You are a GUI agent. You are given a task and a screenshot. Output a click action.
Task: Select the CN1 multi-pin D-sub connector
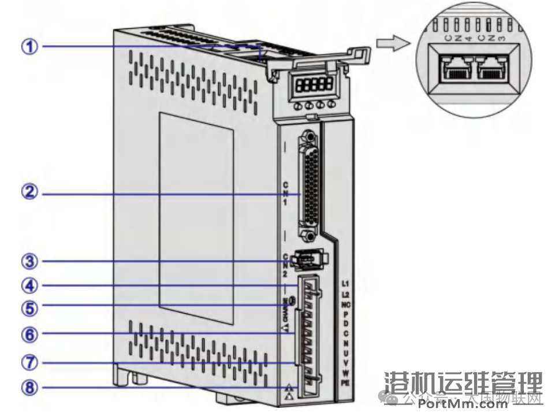[309, 188]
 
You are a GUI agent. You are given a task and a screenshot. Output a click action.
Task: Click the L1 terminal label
[345, 284]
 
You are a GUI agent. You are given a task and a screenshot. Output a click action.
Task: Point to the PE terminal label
[345, 382]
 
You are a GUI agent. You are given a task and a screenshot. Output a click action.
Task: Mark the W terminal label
[345, 373]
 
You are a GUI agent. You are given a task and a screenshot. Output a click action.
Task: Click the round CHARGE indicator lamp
[292, 300]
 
